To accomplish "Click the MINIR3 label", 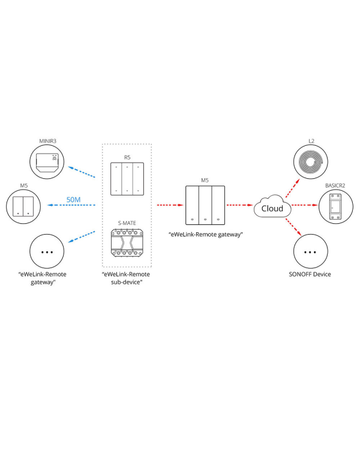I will pyautogui.click(x=47, y=142).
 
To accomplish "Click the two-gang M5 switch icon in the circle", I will pyautogui.click(x=24, y=206).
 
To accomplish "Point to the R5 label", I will pyautogui.click(x=127, y=157).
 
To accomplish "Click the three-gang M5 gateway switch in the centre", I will pyautogui.click(x=205, y=205).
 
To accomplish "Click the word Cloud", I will pyautogui.click(x=272, y=208).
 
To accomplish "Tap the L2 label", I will pyautogui.click(x=311, y=142).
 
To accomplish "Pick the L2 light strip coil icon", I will pyautogui.click(x=311, y=163).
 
